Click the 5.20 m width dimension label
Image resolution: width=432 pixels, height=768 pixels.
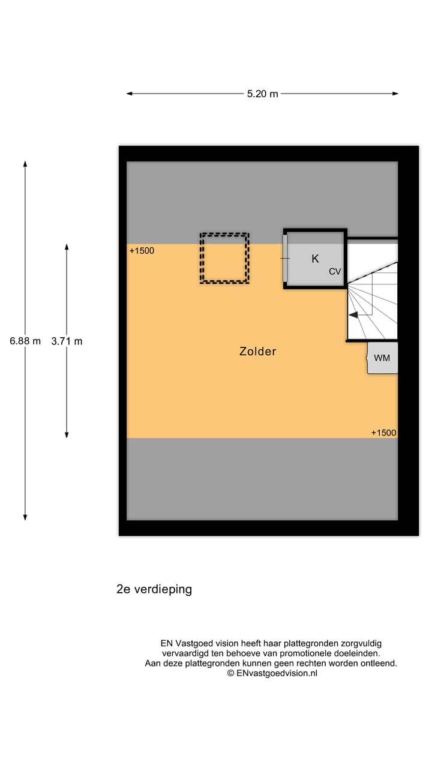[263, 94]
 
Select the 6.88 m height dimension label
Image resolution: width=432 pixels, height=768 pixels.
[25, 341]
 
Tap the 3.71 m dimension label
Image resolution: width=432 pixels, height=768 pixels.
[67, 341]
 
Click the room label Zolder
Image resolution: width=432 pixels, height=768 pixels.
[258, 352]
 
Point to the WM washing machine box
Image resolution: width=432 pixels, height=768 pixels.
[382, 358]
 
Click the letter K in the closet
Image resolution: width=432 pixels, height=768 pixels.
[315, 259]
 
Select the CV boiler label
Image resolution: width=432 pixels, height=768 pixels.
[335, 272]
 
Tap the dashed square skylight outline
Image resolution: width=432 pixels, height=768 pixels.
[224, 258]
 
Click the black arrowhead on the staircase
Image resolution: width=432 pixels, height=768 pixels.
[354, 314]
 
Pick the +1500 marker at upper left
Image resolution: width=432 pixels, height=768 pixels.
[142, 251]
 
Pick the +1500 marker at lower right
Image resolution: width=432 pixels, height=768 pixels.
[383, 433]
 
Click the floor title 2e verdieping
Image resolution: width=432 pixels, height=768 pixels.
[154, 589]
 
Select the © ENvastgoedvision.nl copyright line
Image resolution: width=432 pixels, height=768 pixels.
[272, 673]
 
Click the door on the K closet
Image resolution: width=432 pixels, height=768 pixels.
[286, 258]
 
